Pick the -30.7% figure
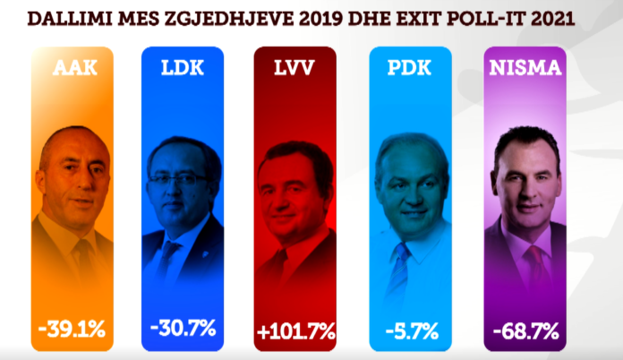coord(183,328)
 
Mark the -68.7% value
coord(525,330)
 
